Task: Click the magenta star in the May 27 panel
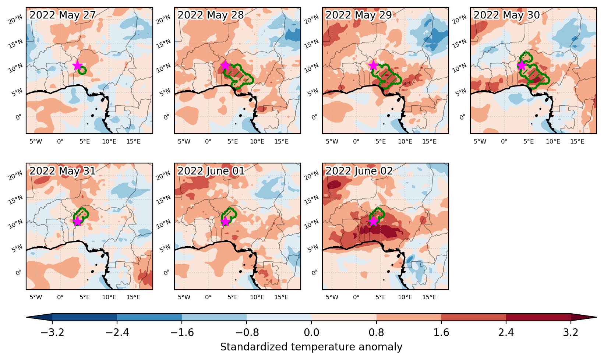click(x=77, y=65)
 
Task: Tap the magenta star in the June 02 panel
click(x=373, y=221)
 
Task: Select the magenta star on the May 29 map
click(x=373, y=65)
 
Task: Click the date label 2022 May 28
click(x=211, y=15)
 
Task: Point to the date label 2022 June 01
click(x=211, y=171)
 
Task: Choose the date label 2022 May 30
click(x=507, y=15)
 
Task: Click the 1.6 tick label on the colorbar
click(x=441, y=332)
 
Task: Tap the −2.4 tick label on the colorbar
click(x=117, y=332)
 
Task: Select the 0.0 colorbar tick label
click(x=311, y=332)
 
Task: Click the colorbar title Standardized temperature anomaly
click(x=311, y=347)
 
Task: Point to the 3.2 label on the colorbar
click(x=571, y=332)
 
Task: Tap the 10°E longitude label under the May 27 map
click(x=109, y=141)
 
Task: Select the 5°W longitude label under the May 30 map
click(x=480, y=141)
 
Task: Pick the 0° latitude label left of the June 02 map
click(x=314, y=273)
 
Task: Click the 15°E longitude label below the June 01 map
click(x=281, y=297)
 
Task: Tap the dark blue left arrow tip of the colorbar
click(x=27, y=317)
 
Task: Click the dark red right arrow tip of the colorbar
click(x=596, y=317)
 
